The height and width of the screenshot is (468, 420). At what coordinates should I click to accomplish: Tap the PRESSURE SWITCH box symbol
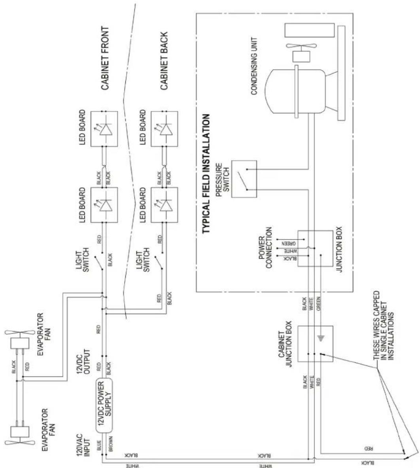click(244, 179)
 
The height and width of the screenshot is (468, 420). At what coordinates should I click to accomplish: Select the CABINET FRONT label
click(105, 58)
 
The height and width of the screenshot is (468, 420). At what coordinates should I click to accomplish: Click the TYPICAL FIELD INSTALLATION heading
click(206, 174)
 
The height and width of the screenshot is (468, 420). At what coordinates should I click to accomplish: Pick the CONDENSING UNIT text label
click(254, 66)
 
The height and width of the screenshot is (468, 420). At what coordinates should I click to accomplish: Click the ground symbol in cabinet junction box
click(321, 338)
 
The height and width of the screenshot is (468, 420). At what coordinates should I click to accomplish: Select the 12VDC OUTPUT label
click(83, 362)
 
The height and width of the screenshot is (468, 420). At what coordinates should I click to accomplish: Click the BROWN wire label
click(110, 444)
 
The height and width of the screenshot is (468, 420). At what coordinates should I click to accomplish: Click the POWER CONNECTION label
click(265, 248)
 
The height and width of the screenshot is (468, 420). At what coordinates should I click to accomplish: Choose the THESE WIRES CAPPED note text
click(384, 326)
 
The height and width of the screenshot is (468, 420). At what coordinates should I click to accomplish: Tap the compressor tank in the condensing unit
click(295, 91)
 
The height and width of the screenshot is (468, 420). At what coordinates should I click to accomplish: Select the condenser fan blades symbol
click(301, 46)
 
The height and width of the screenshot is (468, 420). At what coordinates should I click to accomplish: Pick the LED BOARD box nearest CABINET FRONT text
click(104, 128)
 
